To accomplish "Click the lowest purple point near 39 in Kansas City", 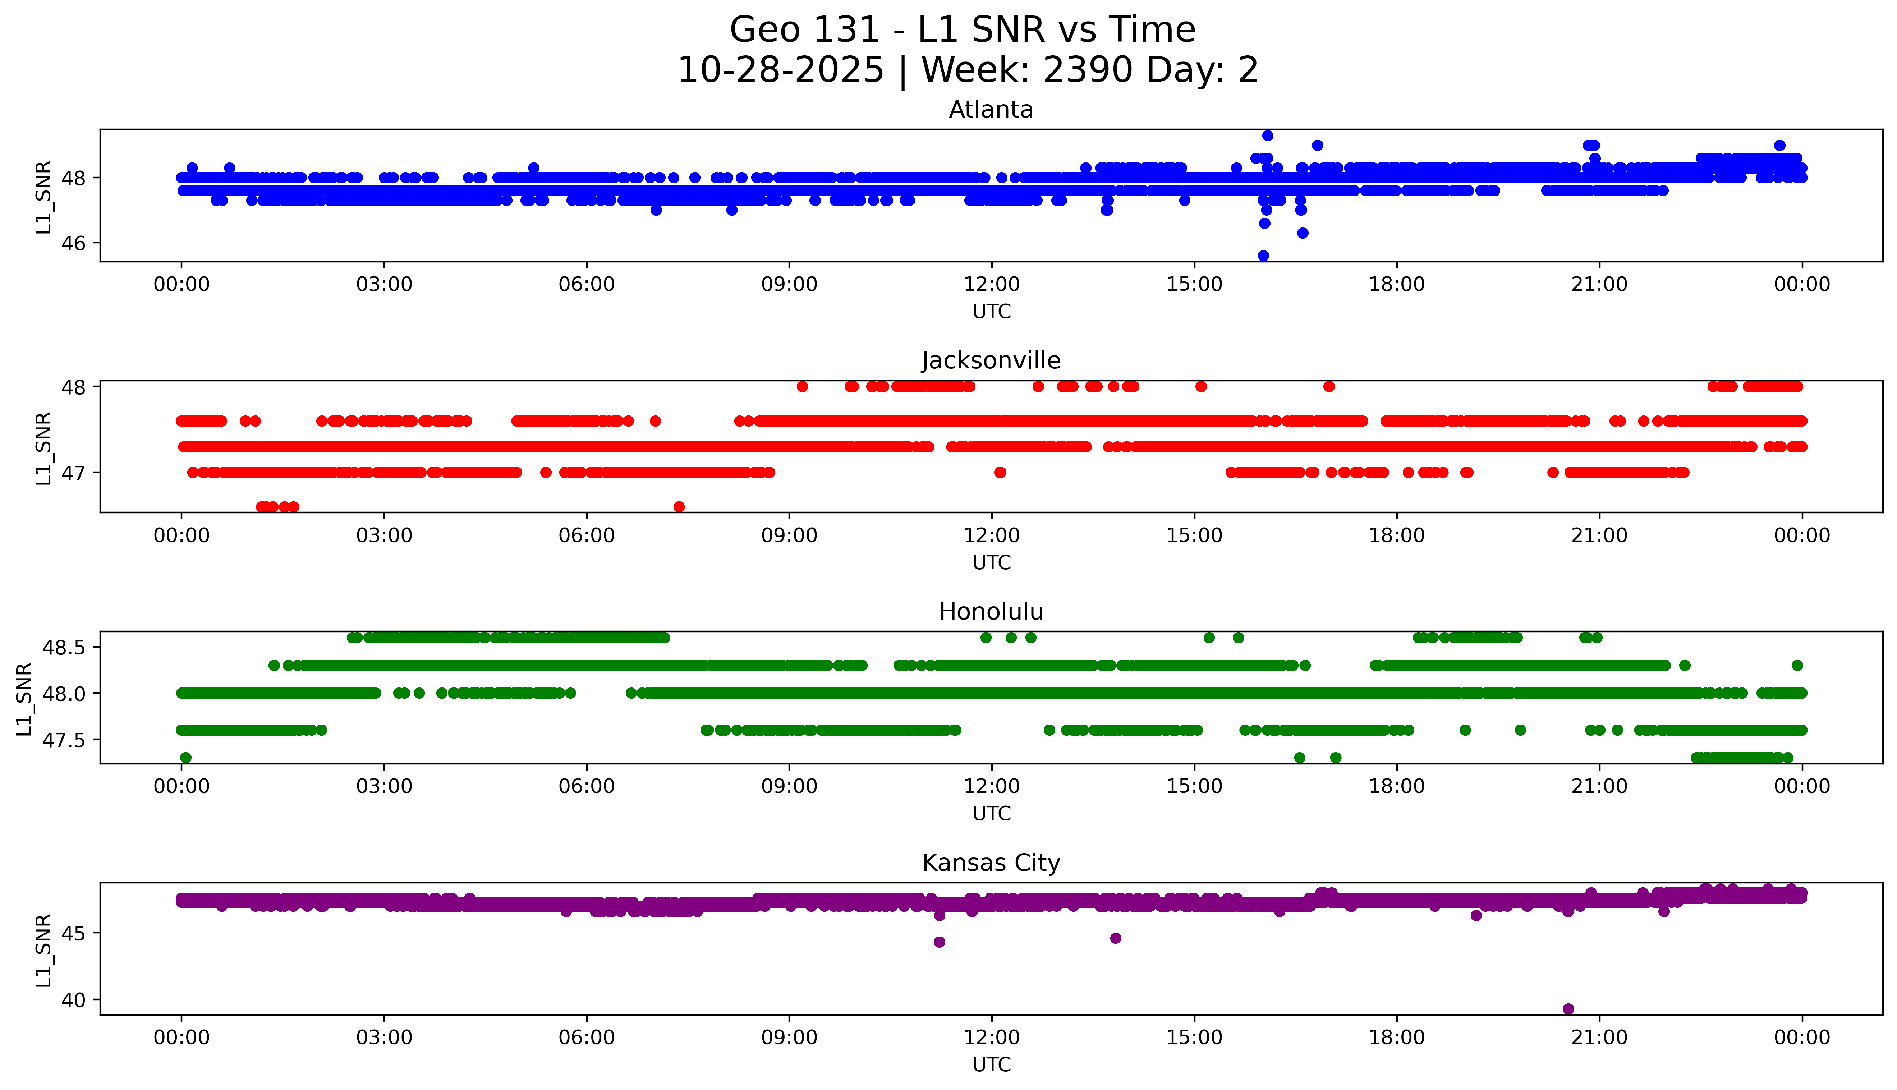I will tap(1568, 1009).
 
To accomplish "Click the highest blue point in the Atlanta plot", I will tap(1267, 135).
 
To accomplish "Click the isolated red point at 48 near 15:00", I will tap(1201, 386).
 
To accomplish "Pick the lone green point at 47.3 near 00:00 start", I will tap(186, 758).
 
